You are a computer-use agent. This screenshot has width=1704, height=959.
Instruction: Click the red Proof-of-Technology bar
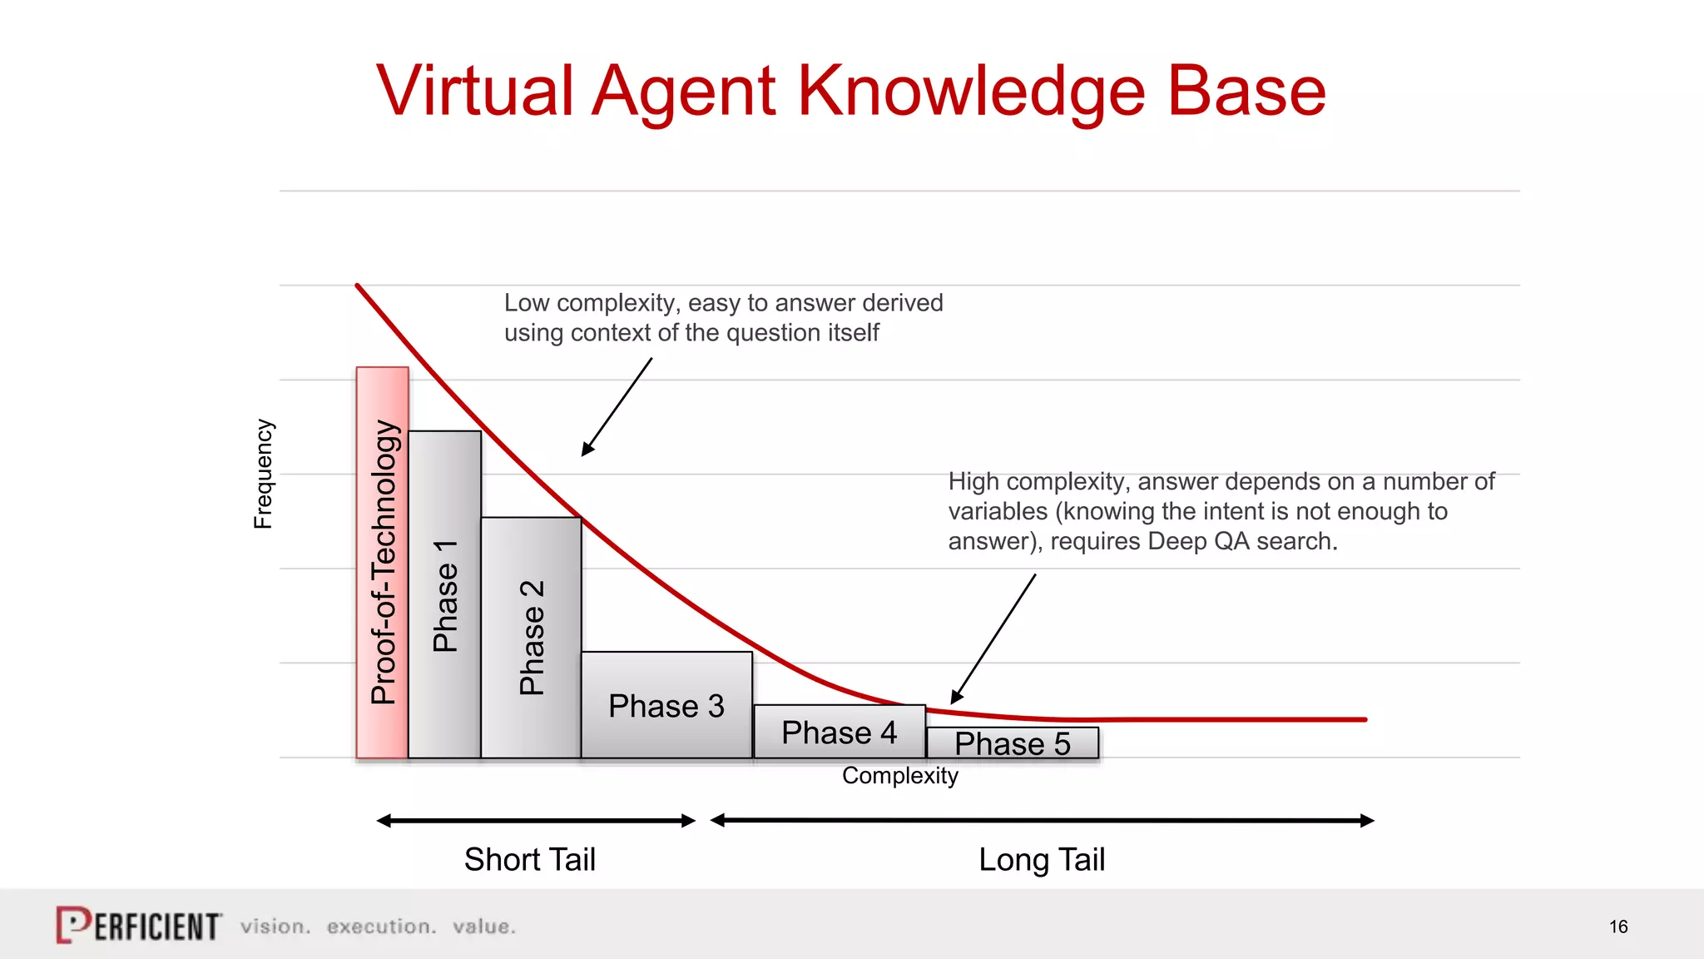click(x=382, y=563)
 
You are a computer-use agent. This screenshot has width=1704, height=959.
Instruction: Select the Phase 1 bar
click(x=444, y=594)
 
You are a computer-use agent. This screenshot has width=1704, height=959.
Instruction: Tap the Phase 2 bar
click(x=531, y=637)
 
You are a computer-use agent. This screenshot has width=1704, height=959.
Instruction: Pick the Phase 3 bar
click(x=666, y=705)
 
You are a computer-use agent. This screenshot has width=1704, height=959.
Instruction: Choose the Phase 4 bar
click(x=839, y=732)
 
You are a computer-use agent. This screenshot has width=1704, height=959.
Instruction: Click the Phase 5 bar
click(x=1012, y=743)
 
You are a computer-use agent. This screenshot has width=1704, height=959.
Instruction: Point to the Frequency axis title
click(x=263, y=474)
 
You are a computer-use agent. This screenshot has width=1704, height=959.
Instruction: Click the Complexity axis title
click(x=899, y=776)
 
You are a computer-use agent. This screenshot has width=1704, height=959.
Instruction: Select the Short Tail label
click(x=530, y=859)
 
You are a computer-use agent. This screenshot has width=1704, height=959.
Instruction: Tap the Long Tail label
click(x=1042, y=859)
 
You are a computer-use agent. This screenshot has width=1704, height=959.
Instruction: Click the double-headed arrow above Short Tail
click(x=536, y=821)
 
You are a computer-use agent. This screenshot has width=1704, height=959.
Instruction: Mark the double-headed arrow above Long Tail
click(x=1042, y=821)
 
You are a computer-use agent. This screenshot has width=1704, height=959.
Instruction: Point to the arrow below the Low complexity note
click(x=617, y=407)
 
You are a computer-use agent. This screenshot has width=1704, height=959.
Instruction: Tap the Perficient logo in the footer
click(x=139, y=926)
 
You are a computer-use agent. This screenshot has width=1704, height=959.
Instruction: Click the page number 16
click(x=1617, y=927)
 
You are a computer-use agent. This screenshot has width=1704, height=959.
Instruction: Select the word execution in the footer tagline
click(x=380, y=927)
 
